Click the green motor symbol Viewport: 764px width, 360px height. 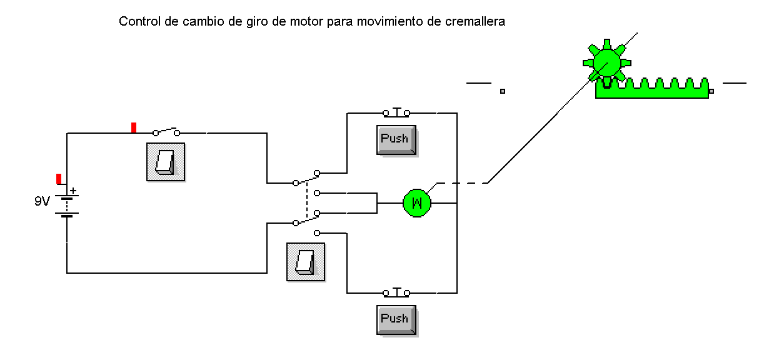tap(417, 202)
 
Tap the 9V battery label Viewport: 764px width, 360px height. tap(43, 202)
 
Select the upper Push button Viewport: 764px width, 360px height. tap(396, 139)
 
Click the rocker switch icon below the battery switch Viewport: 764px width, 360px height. tap(166, 162)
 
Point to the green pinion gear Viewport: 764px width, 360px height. tap(605, 61)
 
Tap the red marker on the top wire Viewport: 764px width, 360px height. tap(134, 128)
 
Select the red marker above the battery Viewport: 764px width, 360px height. tap(59, 179)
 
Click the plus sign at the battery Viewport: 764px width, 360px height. tap(73, 191)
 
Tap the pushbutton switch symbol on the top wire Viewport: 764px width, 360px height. tap(396, 112)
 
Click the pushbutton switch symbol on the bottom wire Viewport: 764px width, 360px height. tap(396, 292)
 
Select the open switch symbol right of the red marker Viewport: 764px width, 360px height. tap(166, 132)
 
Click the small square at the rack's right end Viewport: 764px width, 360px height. tap(711, 91)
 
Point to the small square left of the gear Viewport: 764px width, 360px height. tap(502, 91)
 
